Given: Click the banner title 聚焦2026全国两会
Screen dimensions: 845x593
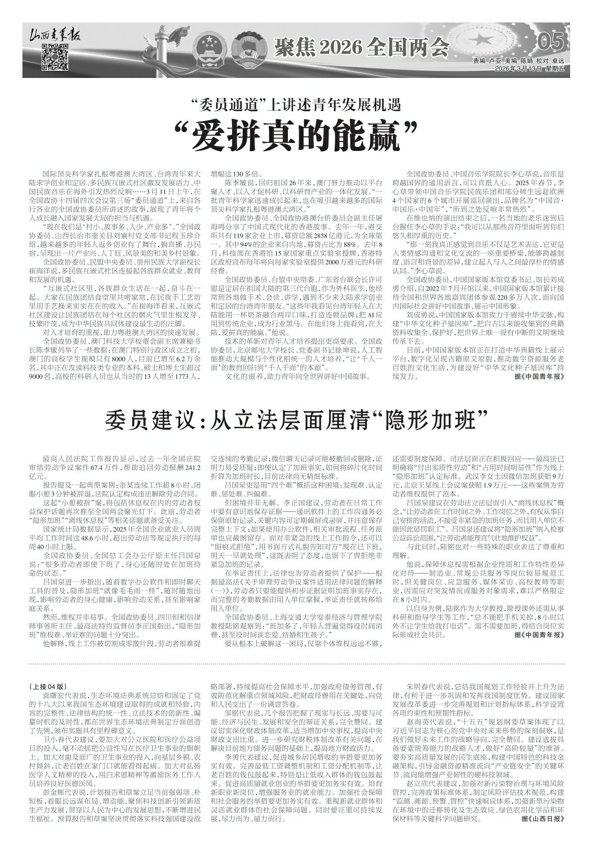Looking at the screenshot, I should tap(361, 46).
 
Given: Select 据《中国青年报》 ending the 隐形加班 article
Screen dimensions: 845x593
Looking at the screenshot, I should tap(542, 635).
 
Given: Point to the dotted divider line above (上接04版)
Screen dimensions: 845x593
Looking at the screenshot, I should tap(296, 663).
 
